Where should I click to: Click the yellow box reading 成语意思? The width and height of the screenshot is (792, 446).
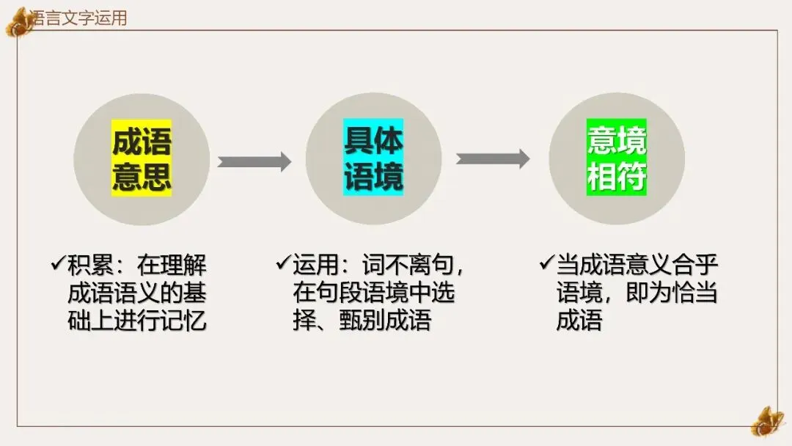click(142, 158)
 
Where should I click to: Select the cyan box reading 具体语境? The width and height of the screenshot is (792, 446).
click(373, 157)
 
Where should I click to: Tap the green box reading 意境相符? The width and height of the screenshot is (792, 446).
click(616, 157)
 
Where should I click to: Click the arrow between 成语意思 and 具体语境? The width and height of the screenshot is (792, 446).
click(254, 161)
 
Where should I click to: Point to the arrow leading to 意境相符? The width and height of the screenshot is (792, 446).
click(493, 158)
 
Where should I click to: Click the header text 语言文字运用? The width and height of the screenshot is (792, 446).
click(78, 18)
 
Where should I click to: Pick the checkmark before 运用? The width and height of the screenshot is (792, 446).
click(283, 263)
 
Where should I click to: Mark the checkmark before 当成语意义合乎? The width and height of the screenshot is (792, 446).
click(547, 263)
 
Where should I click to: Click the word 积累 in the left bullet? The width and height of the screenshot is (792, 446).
click(90, 265)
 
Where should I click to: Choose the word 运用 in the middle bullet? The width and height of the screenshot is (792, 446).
click(315, 265)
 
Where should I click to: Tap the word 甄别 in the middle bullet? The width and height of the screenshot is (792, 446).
click(362, 321)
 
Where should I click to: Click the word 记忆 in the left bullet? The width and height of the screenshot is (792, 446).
click(183, 321)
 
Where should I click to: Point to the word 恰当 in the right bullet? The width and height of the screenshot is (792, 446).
click(694, 293)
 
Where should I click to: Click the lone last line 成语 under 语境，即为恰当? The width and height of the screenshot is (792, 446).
click(579, 321)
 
